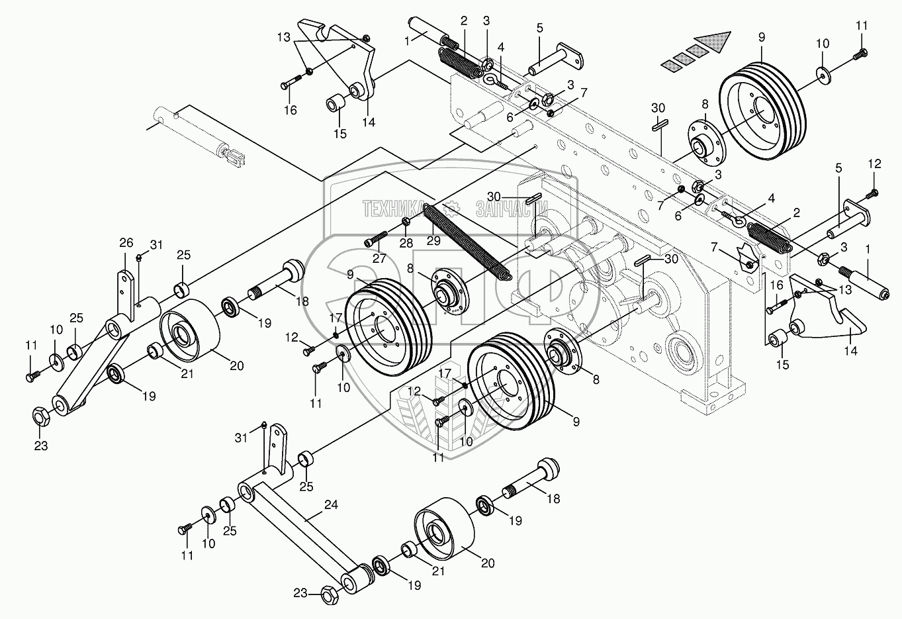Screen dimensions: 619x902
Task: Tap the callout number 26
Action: pyautogui.click(x=126, y=242)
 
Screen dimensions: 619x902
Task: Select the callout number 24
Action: pyautogui.click(x=331, y=505)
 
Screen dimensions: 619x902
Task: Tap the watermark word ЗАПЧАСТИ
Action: pyautogui.click(x=506, y=209)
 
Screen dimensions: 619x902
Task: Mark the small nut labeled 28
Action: pyautogui.click(x=406, y=221)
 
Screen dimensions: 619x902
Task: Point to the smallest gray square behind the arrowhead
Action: pyautogui.click(x=672, y=64)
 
